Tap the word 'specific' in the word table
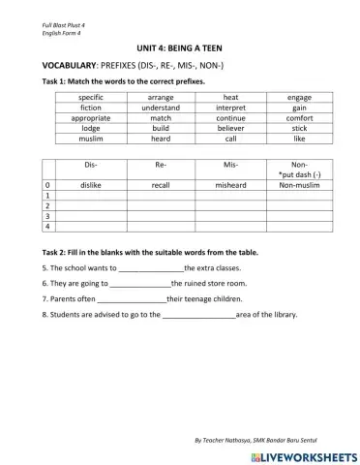[91, 98]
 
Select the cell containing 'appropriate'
[91, 118]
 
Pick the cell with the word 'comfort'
[299, 118]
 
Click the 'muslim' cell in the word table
[91, 139]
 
